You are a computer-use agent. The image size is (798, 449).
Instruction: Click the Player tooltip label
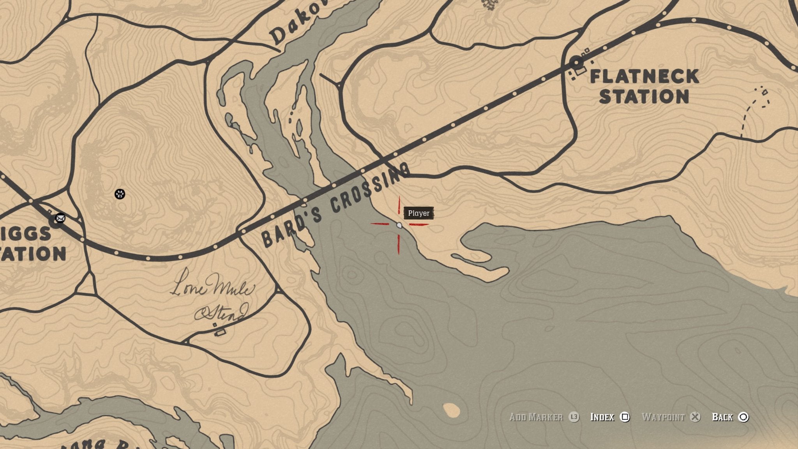(418, 213)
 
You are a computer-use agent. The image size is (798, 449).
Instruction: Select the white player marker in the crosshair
(399, 225)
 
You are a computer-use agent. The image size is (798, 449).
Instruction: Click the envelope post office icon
(60, 218)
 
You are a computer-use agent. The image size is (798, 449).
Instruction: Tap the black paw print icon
(120, 194)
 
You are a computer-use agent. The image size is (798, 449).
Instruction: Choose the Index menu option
(602, 417)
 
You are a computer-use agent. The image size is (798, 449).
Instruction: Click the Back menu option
(722, 417)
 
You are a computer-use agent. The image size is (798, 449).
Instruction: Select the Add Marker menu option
(536, 417)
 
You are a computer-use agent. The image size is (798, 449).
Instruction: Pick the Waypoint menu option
(663, 417)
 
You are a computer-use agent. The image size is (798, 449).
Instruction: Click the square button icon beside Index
(625, 417)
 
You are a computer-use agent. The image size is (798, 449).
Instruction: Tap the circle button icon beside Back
(743, 417)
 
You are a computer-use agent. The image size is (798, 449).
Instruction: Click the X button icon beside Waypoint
(695, 417)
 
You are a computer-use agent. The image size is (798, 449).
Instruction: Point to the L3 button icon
(574, 417)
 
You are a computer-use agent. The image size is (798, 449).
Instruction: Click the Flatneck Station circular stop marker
(576, 62)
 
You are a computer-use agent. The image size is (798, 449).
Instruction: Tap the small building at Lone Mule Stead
(221, 332)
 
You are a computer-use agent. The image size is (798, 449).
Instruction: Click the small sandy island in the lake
(452, 409)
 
